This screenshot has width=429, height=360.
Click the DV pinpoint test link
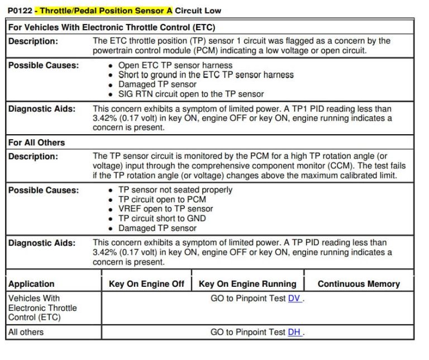[x=294, y=299]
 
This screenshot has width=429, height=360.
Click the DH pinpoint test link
[x=294, y=332]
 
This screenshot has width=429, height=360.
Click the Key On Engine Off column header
[x=146, y=284]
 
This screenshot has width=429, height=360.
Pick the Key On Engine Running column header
[x=248, y=284]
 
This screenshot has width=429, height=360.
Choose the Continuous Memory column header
[x=359, y=284]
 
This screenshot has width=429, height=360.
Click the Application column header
[x=32, y=284]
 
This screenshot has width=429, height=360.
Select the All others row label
[x=26, y=332]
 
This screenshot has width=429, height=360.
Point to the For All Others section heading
[x=37, y=143]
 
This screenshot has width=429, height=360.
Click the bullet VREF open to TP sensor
[x=165, y=209]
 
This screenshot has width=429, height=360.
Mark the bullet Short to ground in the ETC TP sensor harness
[x=206, y=74]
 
